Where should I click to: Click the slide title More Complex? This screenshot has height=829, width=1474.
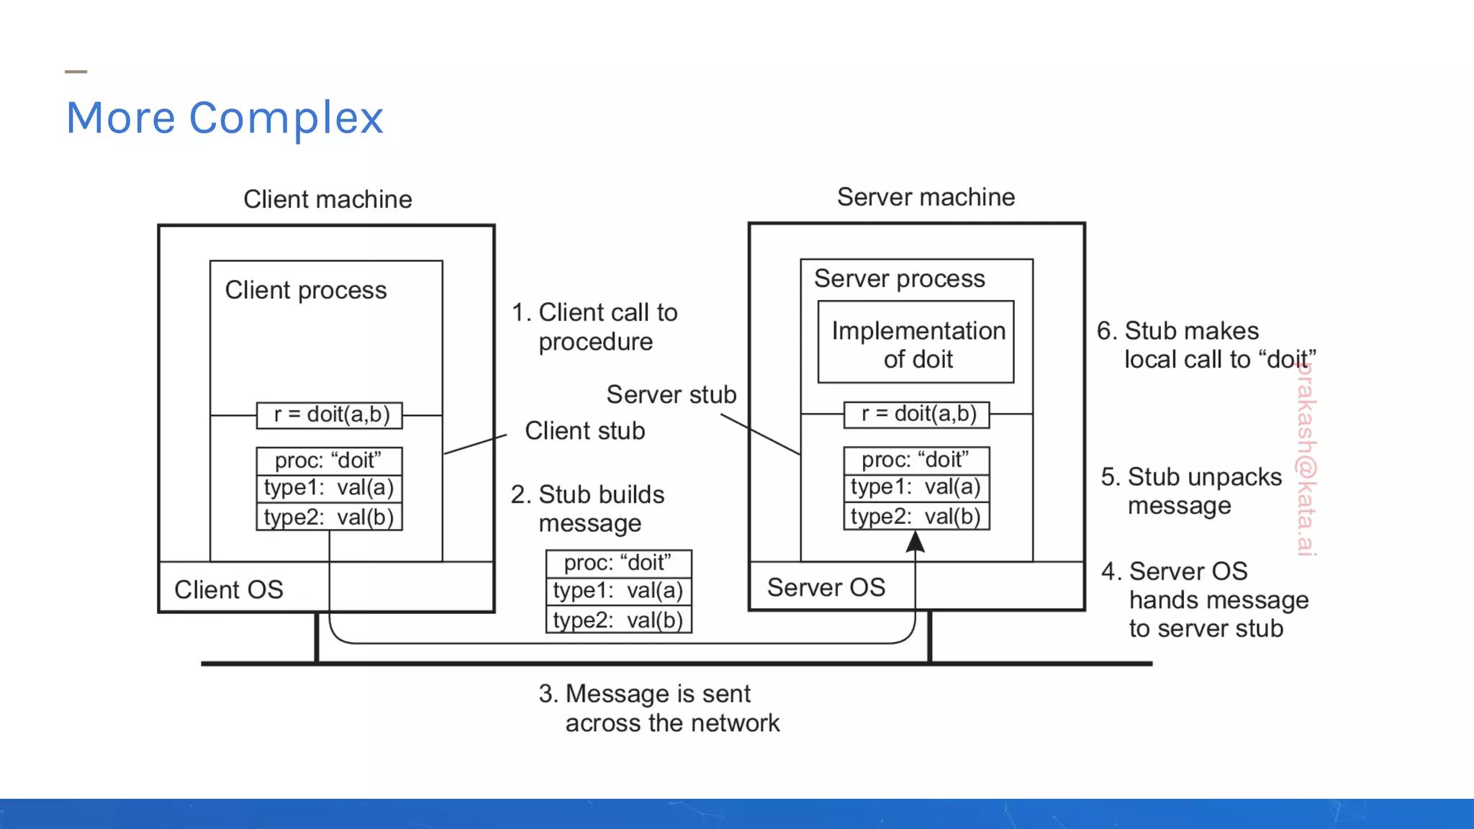[x=225, y=118]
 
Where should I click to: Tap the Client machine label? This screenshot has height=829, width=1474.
[x=327, y=199]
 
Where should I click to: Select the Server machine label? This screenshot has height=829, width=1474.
[x=926, y=197]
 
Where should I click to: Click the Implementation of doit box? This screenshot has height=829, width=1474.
[x=915, y=343]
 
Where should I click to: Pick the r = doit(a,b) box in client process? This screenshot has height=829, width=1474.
[x=330, y=414]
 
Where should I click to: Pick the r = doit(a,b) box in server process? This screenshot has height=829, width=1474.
[x=917, y=414]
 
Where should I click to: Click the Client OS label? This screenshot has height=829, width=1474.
[x=229, y=589]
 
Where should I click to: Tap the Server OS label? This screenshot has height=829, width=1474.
[x=826, y=587]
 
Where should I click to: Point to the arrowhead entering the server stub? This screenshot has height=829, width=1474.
[x=915, y=542]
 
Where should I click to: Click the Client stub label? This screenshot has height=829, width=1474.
[x=584, y=430]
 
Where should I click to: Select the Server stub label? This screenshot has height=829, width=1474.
[x=671, y=394]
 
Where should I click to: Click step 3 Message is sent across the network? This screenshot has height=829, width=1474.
[x=658, y=708]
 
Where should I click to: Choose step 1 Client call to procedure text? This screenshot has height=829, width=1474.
[x=594, y=327]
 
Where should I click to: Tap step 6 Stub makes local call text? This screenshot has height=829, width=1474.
[x=1206, y=345]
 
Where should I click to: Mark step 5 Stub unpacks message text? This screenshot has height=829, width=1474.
[x=1191, y=491]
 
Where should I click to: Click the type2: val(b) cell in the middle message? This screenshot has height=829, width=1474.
[x=618, y=620]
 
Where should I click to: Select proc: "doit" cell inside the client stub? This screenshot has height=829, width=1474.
[x=329, y=461]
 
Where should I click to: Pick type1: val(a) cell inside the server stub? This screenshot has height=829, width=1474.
[x=916, y=487]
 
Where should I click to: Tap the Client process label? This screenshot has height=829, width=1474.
[x=306, y=290]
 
